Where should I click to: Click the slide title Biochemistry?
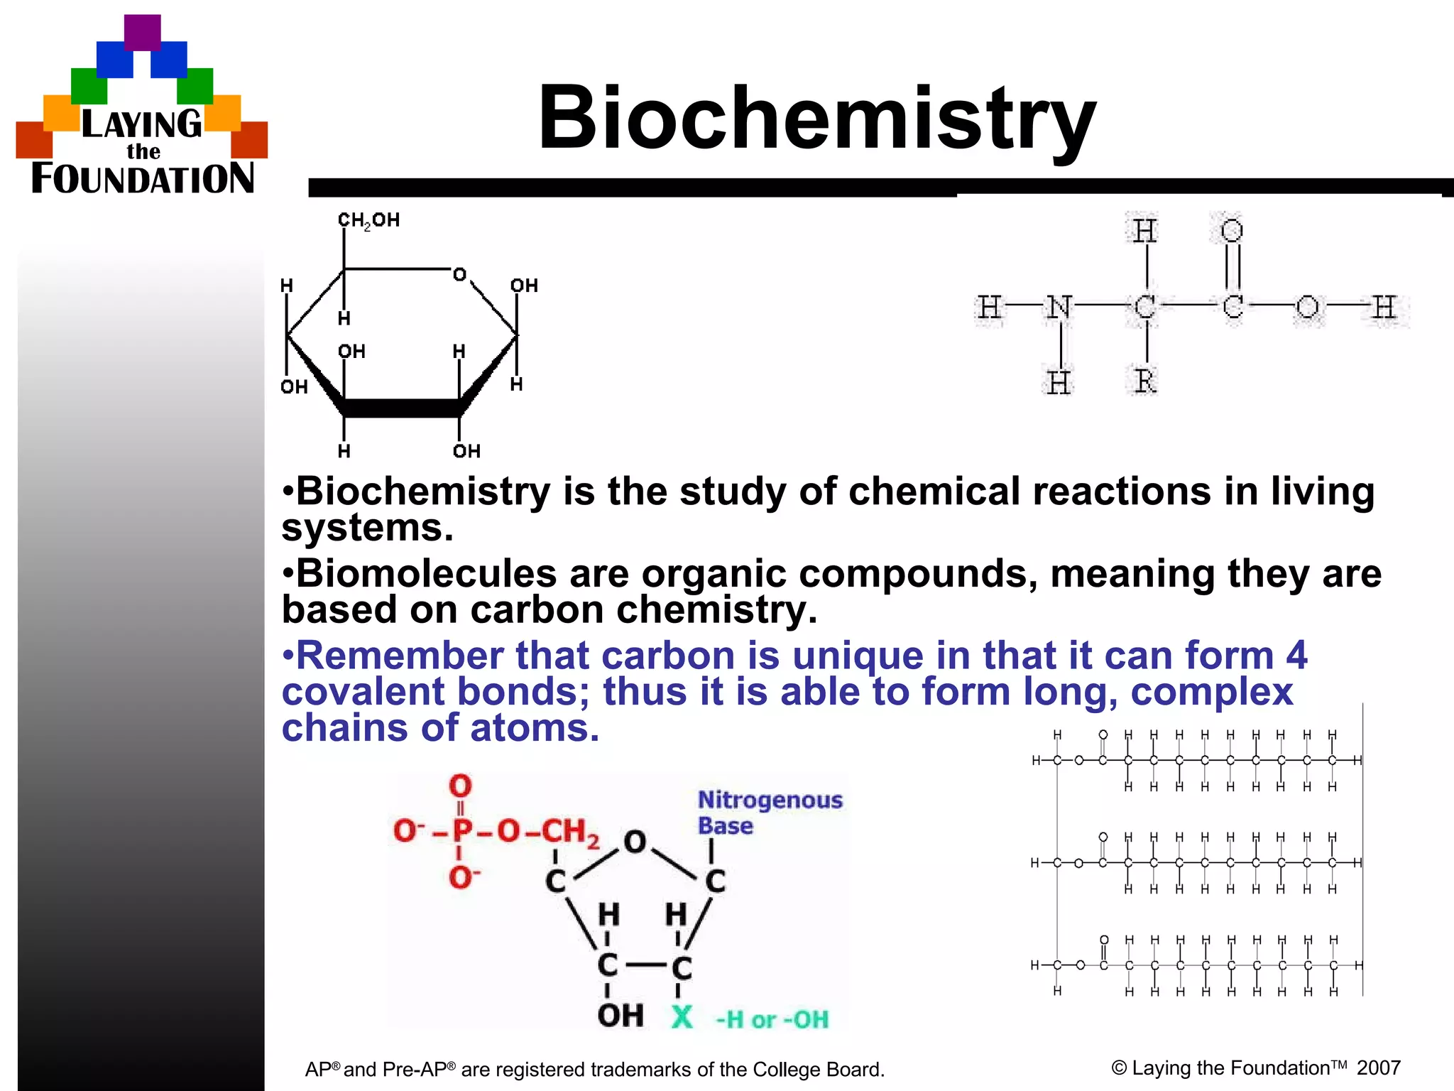816,118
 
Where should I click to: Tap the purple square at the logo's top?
142,33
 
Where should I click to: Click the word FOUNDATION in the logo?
143,178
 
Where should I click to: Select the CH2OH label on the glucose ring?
368,220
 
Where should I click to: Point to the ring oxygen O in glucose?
460,274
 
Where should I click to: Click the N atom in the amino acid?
1059,307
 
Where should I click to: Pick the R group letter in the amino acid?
1144,381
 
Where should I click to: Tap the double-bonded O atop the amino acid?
1232,231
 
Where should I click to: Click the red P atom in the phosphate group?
461,830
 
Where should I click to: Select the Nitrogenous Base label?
770,813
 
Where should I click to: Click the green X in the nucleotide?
682,1017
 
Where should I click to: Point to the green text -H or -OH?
772,1020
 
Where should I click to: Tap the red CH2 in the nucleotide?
571,831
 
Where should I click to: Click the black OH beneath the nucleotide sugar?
620,1016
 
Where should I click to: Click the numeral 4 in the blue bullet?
1296,655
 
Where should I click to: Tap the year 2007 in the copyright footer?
1378,1068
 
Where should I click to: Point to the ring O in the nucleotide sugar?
635,842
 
